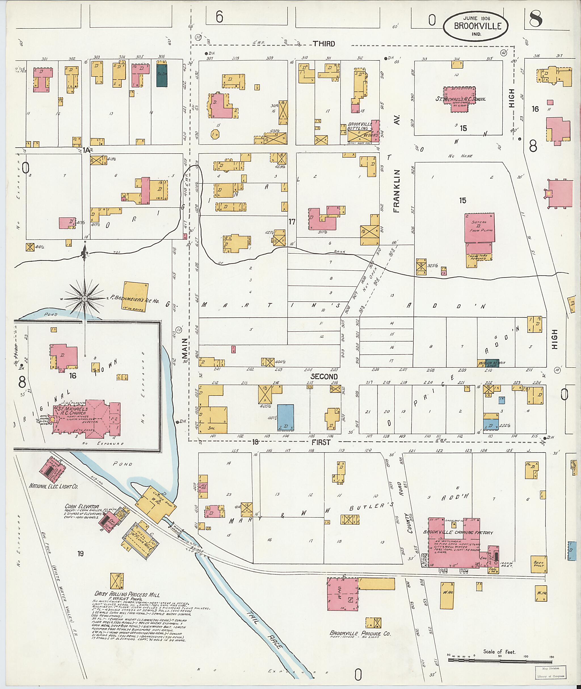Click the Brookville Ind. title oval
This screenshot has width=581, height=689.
pos(475,26)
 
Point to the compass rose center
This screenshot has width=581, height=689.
pos(85,298)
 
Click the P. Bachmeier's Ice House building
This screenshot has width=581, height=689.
pos(135,296)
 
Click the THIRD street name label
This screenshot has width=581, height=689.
pos(324,43)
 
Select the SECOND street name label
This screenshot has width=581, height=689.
pos(324,376)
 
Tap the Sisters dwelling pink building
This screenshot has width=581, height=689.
pos(479,228)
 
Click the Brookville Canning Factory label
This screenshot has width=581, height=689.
pos(458,532)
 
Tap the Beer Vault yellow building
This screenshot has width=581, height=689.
pos(539,564)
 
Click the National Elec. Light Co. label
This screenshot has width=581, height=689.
pos(53,486)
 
